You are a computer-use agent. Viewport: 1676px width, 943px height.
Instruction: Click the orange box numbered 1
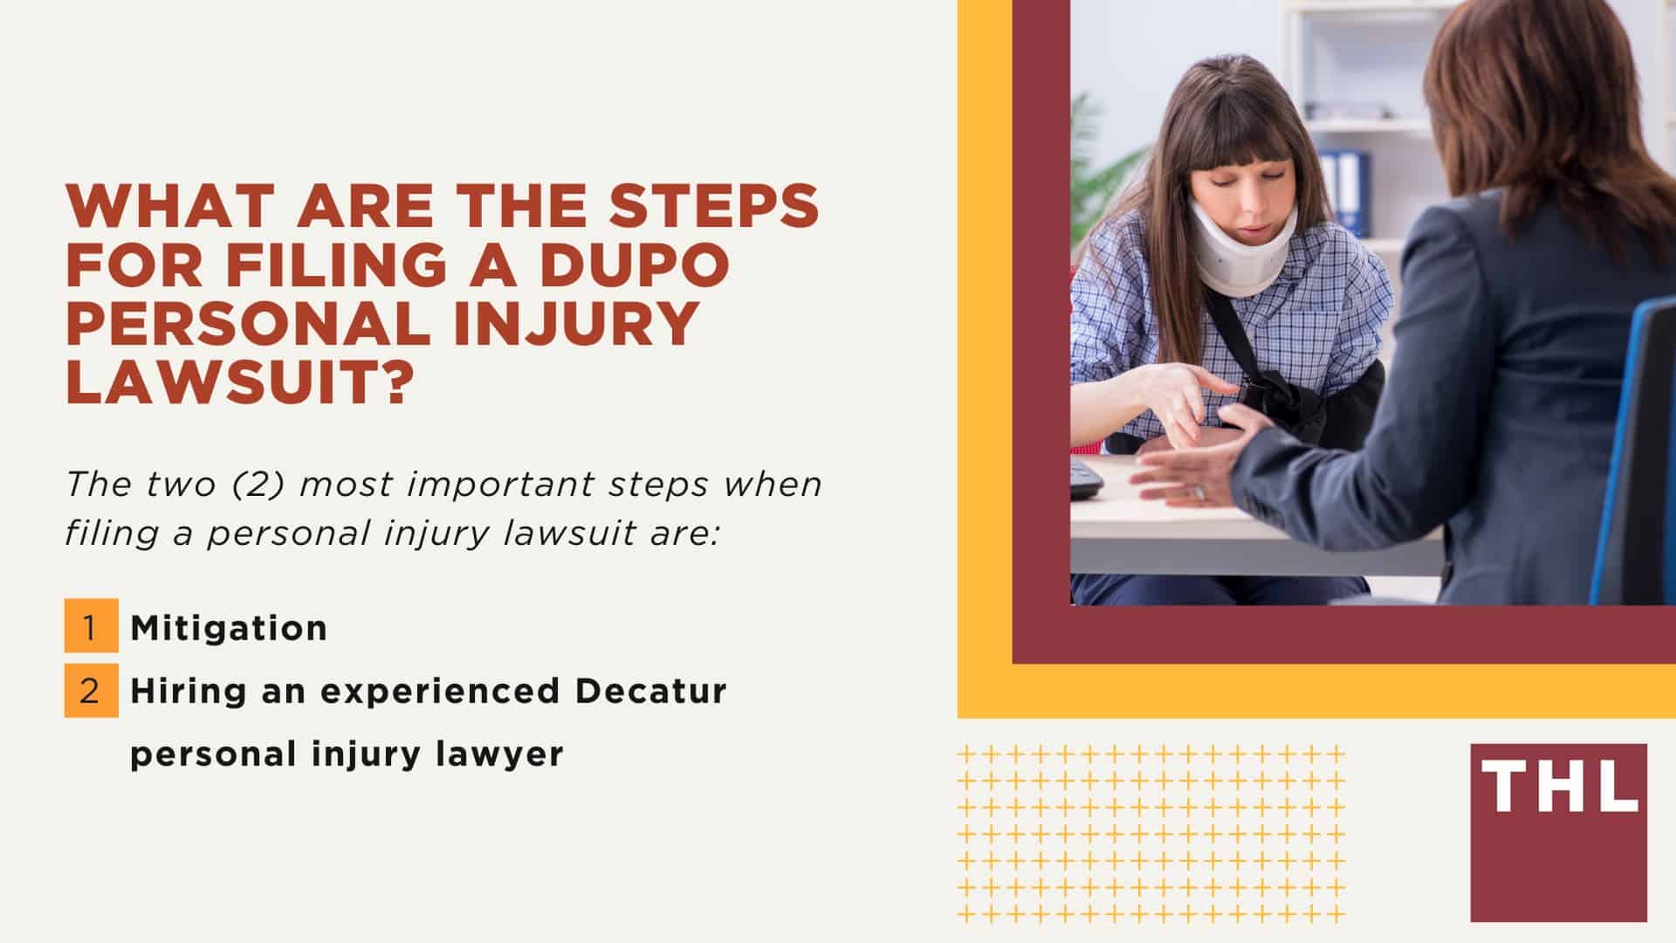tap(91, 625)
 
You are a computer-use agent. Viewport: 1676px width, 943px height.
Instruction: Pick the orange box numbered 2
tap(91, 691)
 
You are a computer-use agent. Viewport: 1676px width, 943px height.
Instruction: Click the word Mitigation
tap(229, 628)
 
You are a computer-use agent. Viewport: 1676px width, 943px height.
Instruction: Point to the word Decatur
tap(650, 691)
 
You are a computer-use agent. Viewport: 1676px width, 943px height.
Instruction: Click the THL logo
tap(1558, 832)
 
